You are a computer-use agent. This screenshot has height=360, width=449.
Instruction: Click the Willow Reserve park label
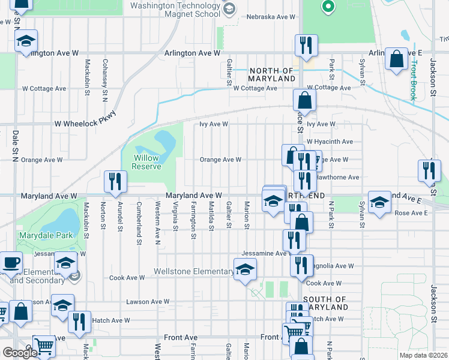(x=146, y=162)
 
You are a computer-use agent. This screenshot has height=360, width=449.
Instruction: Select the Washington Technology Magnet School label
(x=175, y=10)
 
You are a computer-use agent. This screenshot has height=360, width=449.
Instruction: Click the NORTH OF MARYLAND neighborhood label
(x=272, y=74)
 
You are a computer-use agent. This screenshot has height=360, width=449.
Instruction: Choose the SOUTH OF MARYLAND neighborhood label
(x=325, y=303)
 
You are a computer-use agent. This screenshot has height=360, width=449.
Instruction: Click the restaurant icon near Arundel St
(x=115, y=181)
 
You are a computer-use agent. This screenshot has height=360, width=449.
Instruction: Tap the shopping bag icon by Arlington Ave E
(x=396, y=59)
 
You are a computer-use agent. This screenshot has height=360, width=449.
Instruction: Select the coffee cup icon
(x=10, y=263)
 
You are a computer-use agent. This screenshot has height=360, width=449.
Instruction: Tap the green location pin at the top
(x=327, y=7)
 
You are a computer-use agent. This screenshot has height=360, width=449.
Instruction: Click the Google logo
(x=20, y=353)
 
